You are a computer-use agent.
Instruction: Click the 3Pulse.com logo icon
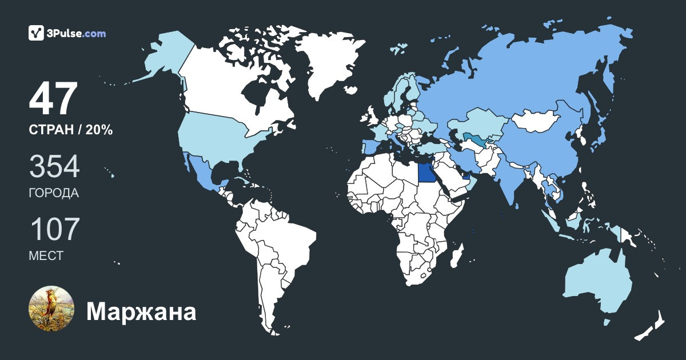(x=37, y=33)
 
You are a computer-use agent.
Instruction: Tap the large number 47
(x=53, y=99)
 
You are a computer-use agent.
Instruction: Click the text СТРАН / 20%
(x=70, y=130)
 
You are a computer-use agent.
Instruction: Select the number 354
(x=54, y=167)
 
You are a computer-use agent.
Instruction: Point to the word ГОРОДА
(x=54, y=193)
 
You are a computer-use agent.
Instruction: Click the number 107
(x=54, y=230)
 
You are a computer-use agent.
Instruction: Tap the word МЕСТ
(x=46, y=256)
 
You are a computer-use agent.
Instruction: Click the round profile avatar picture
(x=51, y=309)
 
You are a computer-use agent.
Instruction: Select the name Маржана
(x=141, y=312)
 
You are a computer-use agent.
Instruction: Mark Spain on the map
(x=371, y=148)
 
